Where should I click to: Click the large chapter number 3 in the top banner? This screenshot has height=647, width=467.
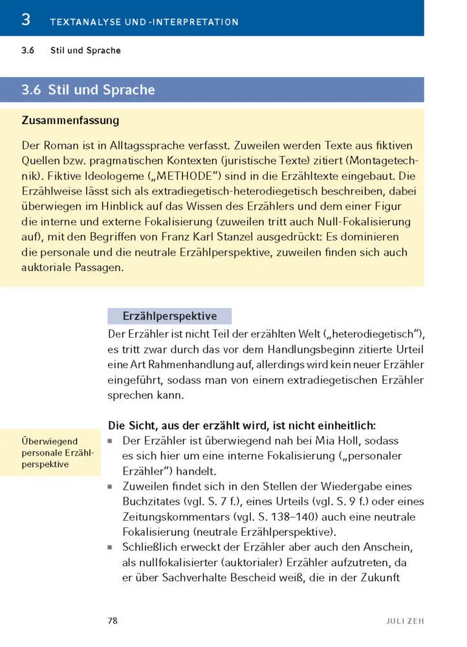point(26,19)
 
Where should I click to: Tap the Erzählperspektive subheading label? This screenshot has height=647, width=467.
point(169,316)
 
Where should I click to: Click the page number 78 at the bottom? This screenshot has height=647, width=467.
point(113,620)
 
